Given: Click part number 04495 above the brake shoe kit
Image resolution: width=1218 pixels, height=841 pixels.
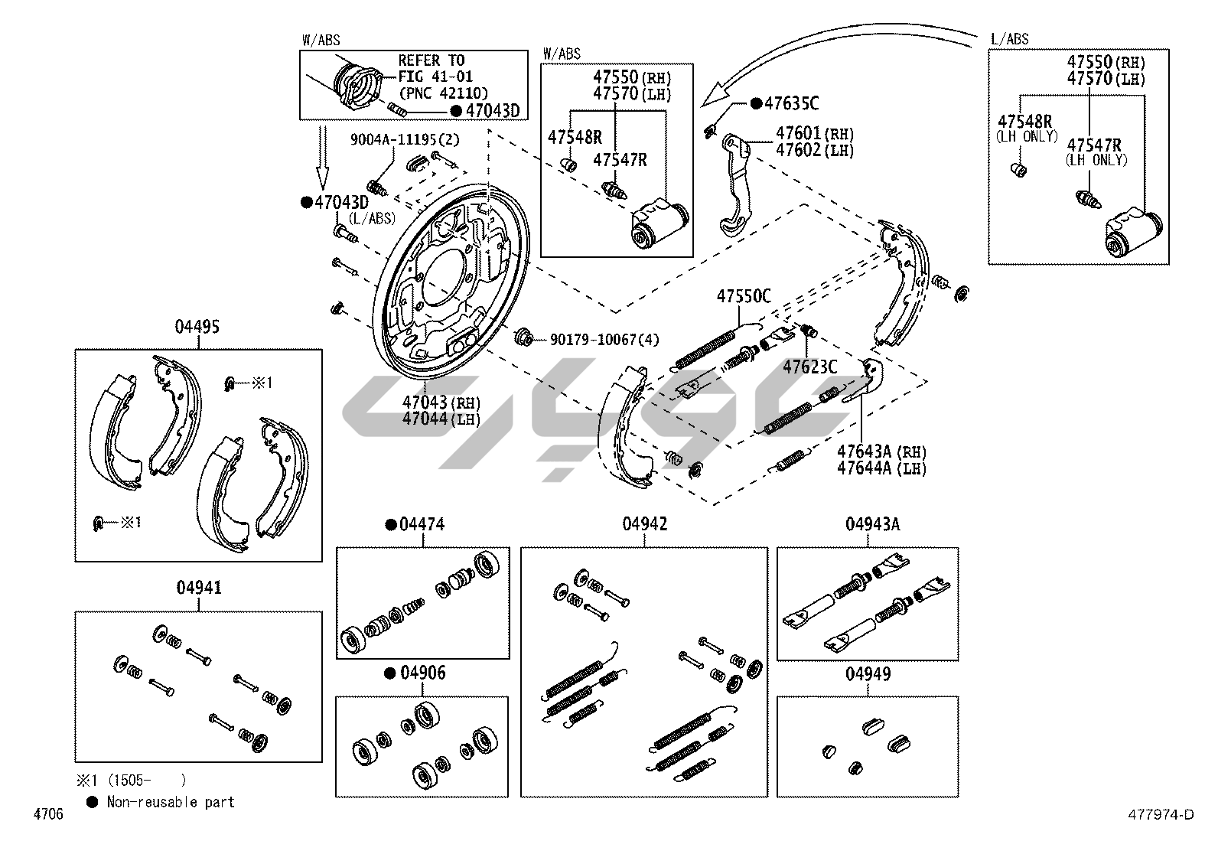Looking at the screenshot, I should [x=197, y=327].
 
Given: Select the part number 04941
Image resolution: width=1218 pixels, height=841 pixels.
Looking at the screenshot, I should [x=199, y=588].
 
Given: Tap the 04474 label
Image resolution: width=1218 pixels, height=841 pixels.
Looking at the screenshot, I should [x=422, y=525].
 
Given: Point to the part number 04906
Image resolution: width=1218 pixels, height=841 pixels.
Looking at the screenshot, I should [x=422, y=673].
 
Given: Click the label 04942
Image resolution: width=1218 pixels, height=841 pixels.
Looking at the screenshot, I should [x=644, y=524].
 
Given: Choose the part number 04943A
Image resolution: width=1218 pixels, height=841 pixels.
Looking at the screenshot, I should [x=872, y=524].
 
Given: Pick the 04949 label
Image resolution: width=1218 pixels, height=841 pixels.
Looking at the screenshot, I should [x=868, y=674].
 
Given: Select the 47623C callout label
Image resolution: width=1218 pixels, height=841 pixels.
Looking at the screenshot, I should [x=809, y=367].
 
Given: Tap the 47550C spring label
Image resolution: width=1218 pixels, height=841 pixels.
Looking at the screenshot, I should [x=744, y=296].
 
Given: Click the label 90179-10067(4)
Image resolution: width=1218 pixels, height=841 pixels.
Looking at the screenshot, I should [x=604, y=339].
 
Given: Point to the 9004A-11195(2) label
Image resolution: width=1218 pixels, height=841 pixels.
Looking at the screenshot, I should [x=405, y=139].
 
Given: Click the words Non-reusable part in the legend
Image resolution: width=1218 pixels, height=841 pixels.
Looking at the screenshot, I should [x=171, y=802].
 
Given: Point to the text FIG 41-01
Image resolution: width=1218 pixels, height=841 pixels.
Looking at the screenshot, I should [x=435, y=77].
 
